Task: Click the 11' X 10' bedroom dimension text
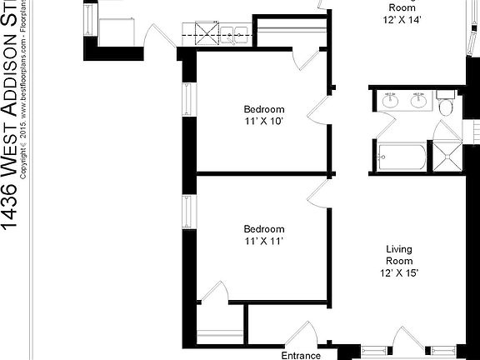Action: click(x=264, y=122)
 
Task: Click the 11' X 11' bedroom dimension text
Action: click(x=264, y=242)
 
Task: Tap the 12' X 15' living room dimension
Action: click(x=399, y=273)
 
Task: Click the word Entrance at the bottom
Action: click(x=301, y=355)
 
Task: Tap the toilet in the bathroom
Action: click(x=446, y=107)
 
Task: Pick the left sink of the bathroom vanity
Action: click(x=389, y=102)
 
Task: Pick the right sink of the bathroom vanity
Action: click(x=418, y=102)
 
